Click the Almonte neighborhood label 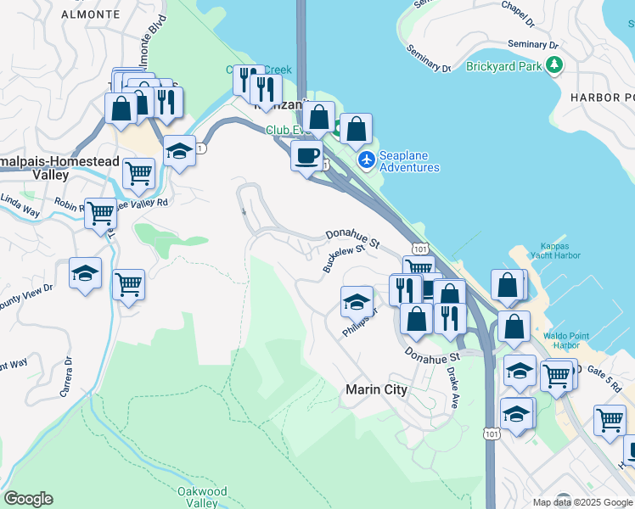coord(87,14)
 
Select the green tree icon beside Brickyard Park coord(554,64)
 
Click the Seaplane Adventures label coord(409,161)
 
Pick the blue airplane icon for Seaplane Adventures coord(367,159)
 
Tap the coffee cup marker coord(306,155)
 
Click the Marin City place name coord(376,390)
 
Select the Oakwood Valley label coord(202,496)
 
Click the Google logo coord(28,499)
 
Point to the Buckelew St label coord(343,255)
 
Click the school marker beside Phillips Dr coord(357,301)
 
